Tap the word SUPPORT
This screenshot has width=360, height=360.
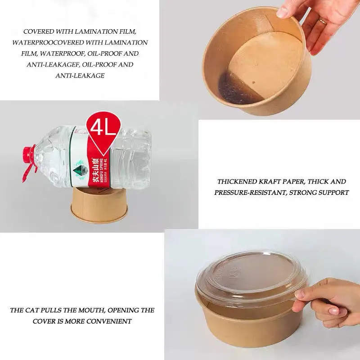point(333,193)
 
